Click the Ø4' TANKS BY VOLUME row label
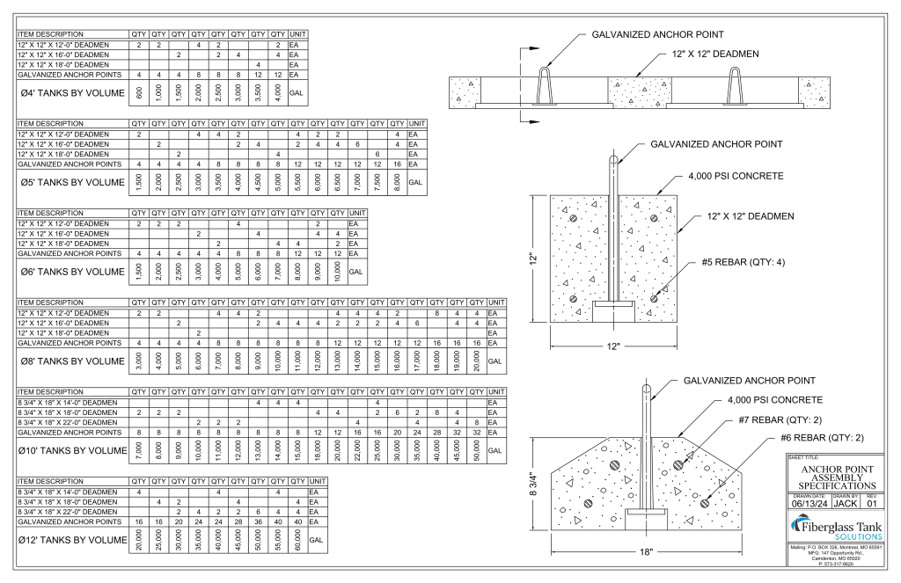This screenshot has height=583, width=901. click(73, 93)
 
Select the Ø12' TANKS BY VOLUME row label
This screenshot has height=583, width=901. click(73, 539)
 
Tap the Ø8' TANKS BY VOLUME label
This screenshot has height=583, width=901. click(73, 361)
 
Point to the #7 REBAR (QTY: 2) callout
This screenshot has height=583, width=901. click(780, 419)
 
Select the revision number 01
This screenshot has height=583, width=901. click(871, 504)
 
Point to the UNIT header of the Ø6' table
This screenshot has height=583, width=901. click(357, 214)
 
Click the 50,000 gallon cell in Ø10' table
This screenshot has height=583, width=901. click(476, 449)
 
